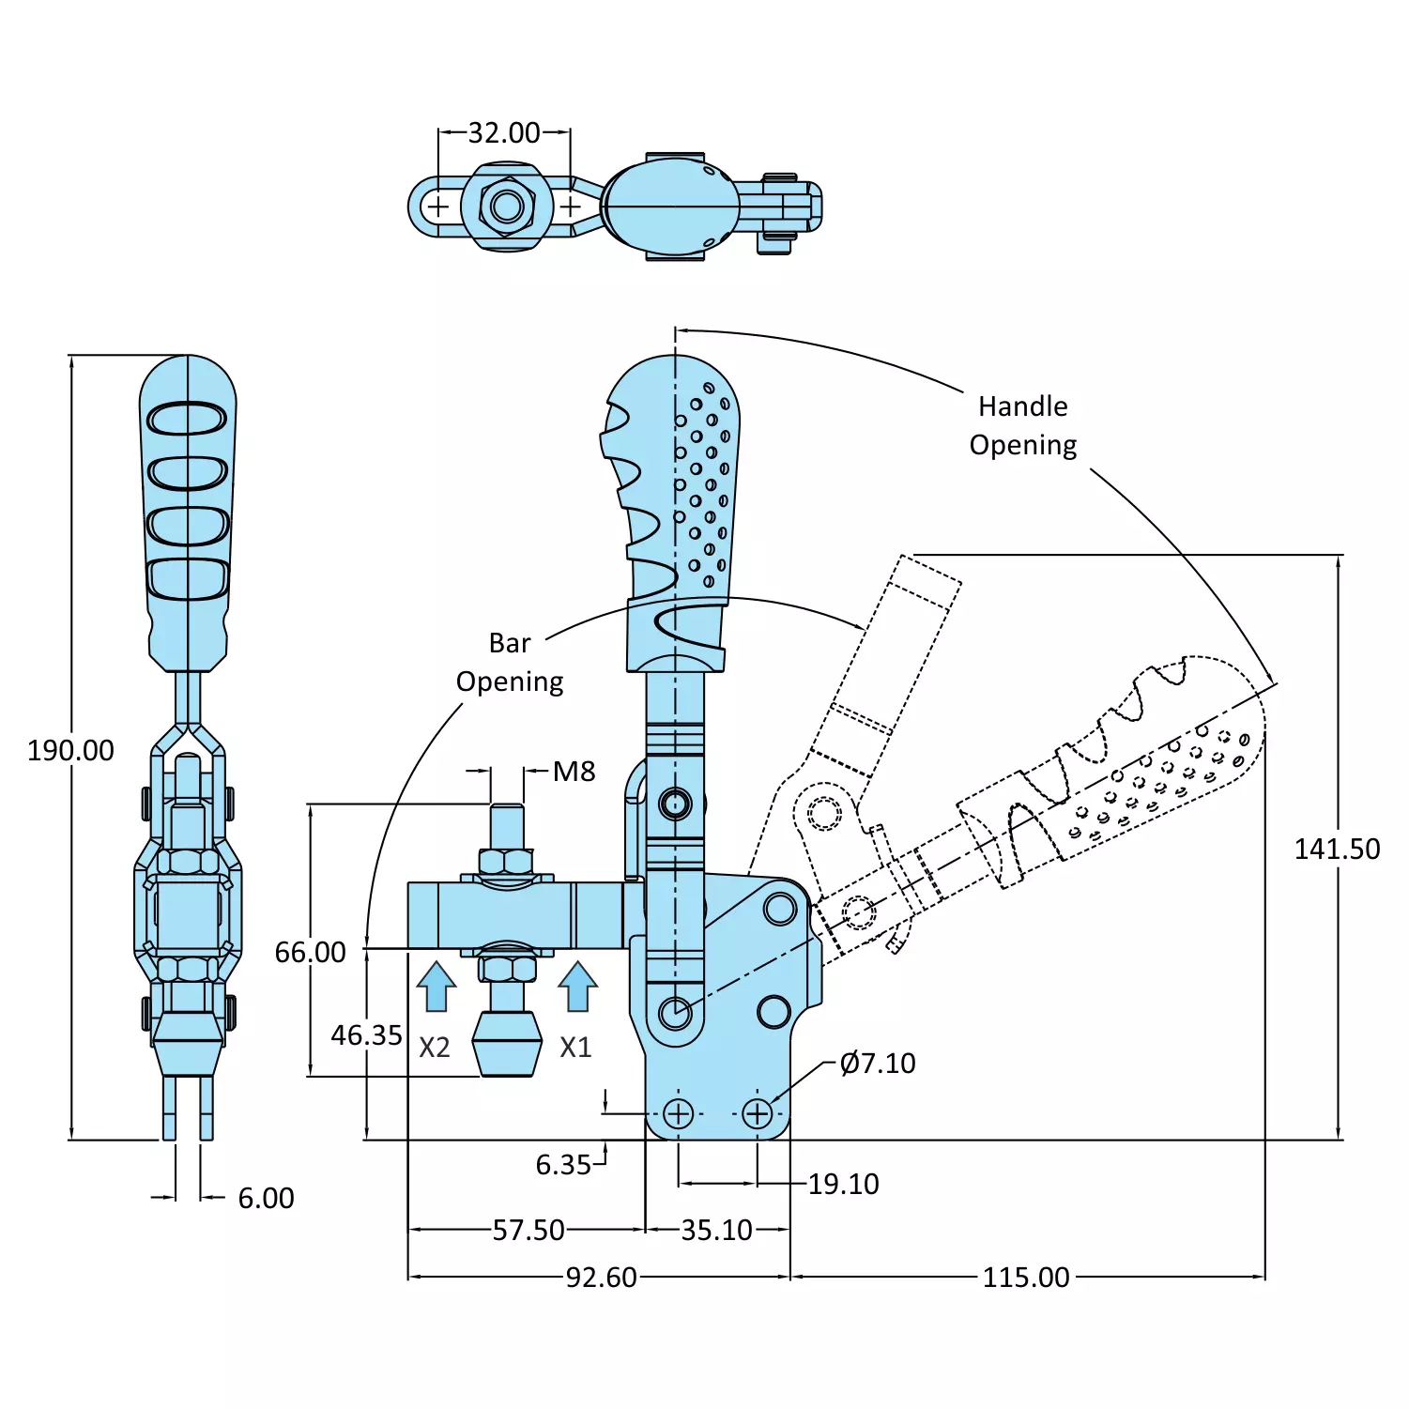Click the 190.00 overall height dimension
pos(70,750)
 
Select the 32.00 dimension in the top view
pos(504,132)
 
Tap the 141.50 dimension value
pos(1337,849)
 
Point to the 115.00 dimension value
pos(1026,1277)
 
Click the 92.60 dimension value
pos(601,1277)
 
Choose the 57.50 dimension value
pos(528,1230)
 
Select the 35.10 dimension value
pos(716,1230)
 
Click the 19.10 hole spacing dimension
pos(843,1184)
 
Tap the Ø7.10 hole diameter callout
pos(878,1063)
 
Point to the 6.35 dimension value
pos(563,1165)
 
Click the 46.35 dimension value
pos(366,1035)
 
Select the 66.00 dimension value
pos(310,952)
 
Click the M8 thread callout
pos(574,772)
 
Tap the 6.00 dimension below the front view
pos(266,1198)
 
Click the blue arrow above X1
pos(577,987)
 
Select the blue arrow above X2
pos(436,987)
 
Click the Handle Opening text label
pos(1022,425)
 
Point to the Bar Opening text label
pos(510,662)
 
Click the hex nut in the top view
pos(507,206)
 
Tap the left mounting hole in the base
pos(678,1114)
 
